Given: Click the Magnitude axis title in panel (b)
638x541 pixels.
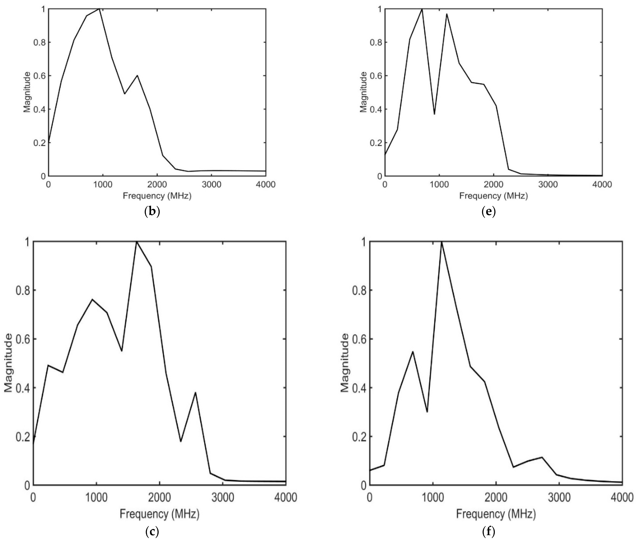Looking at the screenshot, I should [x=27, y=92].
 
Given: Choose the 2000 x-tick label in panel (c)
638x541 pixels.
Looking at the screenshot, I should [x=159, y=497].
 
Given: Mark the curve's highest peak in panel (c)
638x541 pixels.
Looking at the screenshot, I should [x=137, y=242].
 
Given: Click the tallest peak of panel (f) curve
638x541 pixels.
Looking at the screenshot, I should [x=442, y=242].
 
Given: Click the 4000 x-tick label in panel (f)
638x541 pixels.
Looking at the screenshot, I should [x=622, y=497].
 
